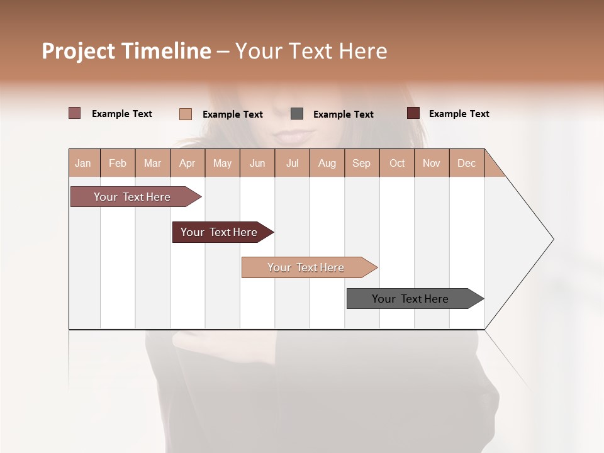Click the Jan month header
click(84, 163)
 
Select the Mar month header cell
click(152, 163)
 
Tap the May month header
click(222, 163)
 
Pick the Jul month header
click(292, 163)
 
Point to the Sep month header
click(361, 163)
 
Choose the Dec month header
click(466, 163)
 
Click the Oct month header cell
click(396, 163)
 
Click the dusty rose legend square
click(75, 113)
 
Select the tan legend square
click(186, 114)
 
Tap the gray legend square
click(297, 114)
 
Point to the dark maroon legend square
click(413, 113)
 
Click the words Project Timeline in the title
click(126, 51)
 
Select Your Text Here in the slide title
click(311, 51)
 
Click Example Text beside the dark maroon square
click(459, 114)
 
